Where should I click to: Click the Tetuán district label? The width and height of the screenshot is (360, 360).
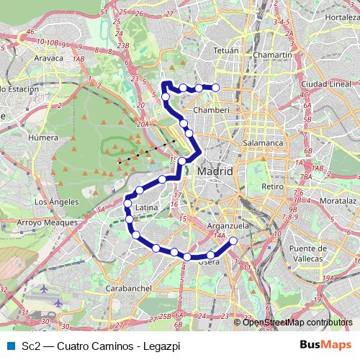coord(226,51)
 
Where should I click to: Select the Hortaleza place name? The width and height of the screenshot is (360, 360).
coord(342,17)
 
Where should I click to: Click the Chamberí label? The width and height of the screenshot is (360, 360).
coord(212,110)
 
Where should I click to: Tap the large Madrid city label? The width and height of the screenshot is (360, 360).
coord(215,172)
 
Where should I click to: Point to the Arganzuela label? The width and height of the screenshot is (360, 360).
coord(228,225)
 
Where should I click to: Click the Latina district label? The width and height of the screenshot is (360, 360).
coord(146,207)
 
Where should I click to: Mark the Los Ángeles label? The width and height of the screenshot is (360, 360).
coord(52,202)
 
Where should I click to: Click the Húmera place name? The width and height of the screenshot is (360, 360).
coord(42,135)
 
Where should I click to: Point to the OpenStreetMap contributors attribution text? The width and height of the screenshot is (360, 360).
coord(295,322)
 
